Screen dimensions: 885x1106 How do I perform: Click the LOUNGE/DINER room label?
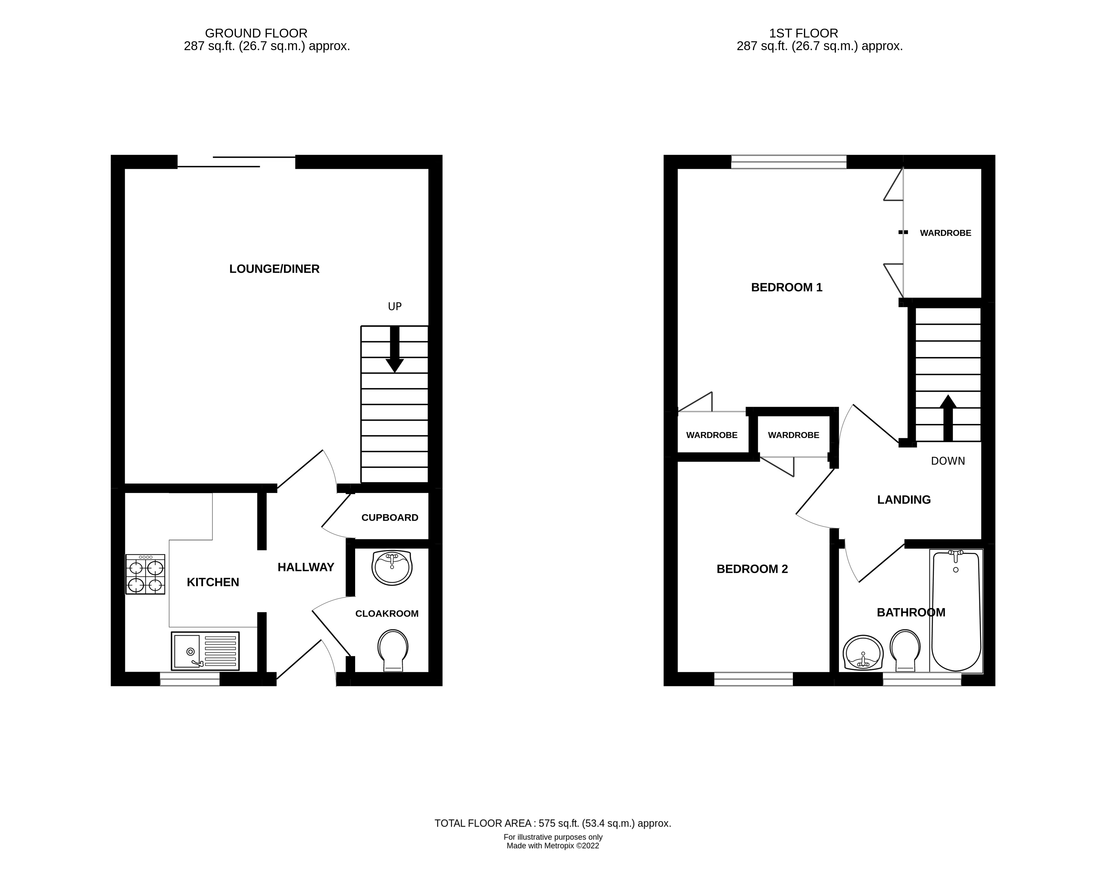(274, 269)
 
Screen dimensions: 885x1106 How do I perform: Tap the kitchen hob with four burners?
(145, 574)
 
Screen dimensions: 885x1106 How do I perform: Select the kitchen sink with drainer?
(205, 651)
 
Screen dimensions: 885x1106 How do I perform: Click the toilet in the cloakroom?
(393, 649)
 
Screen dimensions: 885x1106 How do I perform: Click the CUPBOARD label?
(389, 518)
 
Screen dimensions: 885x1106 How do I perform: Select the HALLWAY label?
(306, 567)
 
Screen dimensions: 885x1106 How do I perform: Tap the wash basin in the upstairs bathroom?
(863, 653)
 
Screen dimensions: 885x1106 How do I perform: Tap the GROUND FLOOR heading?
(256, 33)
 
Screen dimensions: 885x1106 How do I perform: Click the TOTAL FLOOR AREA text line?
(553, 824)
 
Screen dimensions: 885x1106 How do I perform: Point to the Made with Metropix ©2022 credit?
(553, 846)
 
